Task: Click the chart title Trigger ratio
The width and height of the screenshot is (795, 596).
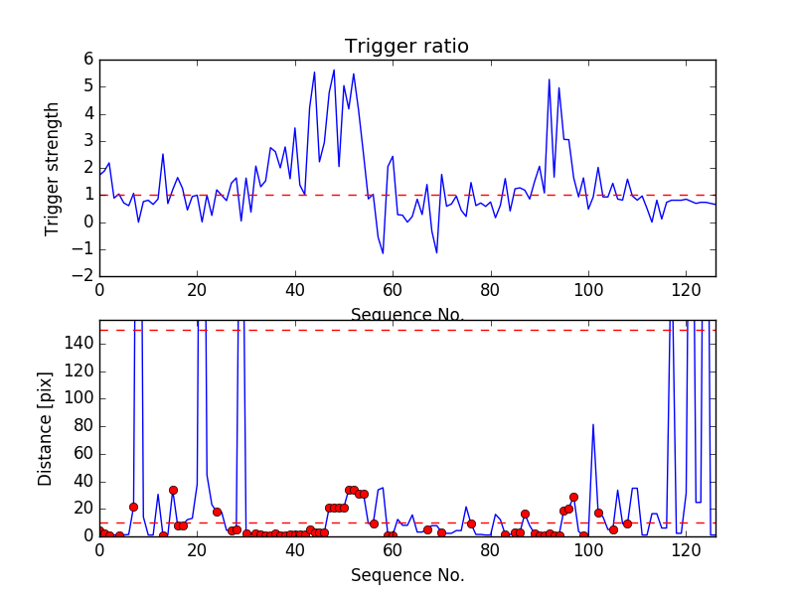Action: (x=406, y=47)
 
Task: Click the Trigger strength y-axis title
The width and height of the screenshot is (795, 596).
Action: (x=53, y=168)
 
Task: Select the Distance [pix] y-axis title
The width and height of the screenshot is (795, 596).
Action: (x=46, y=427)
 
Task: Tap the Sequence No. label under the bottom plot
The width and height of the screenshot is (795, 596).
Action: (x=406, y=575)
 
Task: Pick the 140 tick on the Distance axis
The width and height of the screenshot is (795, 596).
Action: (x=79, y=344)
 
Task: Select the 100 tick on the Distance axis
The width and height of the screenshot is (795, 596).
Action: (x=79, y=398)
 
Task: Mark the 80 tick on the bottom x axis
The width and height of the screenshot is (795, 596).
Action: (x=490, y=549)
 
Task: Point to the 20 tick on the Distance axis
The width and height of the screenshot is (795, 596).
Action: (x=83, y=508)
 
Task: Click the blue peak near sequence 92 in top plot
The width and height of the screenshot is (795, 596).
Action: (x=549, y=79)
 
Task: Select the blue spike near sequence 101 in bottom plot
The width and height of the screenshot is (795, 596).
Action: (x=593, y=424)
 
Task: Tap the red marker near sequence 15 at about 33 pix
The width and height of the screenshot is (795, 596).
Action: (x=173, y=490)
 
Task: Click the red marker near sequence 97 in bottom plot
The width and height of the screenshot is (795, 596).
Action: (x=573, y=497)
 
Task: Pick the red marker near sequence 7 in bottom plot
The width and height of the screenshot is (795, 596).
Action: (x=133, y=507)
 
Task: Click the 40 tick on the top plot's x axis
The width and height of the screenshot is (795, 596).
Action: (x=295, y=290)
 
